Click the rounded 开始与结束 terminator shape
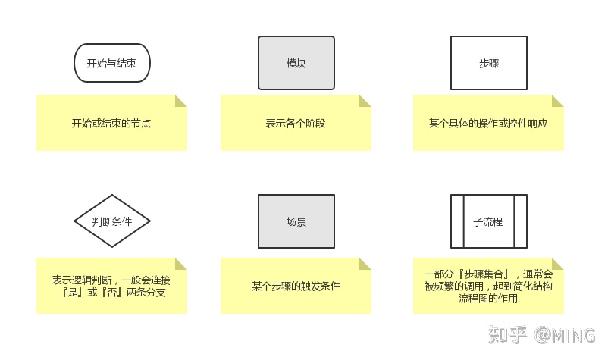tap(112, 62)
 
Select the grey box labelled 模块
tap(296, 62)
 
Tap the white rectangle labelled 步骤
tap(488, 62)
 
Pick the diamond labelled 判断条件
tap(112, 221)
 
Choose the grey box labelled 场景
tap(296, 221)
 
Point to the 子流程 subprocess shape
tap(488, 221)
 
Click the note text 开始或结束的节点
tap(111, 123)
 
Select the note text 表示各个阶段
tap(296, 123)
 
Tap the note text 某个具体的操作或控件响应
tap(488, 123)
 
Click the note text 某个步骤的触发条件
tap(296, 286)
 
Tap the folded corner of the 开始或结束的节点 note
tap(181, 101)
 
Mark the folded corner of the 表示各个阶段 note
tap(365, 101)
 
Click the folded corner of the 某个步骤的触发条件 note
tap(365, 264)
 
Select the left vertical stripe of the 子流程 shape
tap(456, 221)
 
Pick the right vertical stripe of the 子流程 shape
tap(520, 221)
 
